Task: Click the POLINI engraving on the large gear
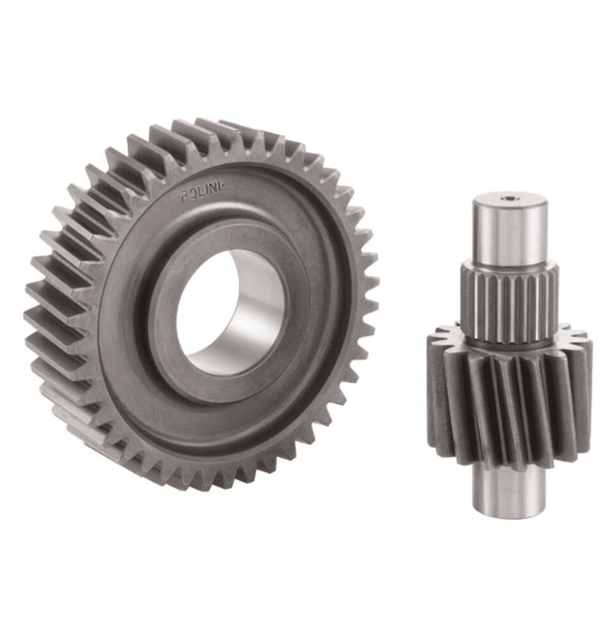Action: [202, 194]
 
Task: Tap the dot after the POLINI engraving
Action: [225, 187]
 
